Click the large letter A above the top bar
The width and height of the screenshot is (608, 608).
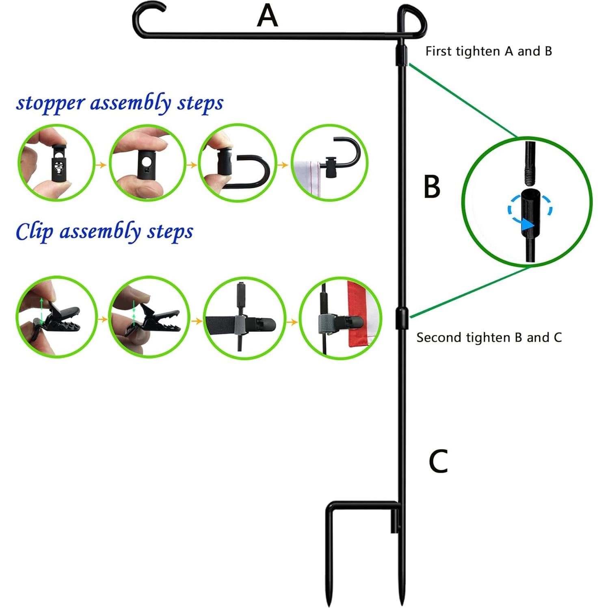click(267, 16)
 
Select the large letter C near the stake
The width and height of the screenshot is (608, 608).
click(438, 461)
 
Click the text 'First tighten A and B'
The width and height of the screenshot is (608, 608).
click(489, 51)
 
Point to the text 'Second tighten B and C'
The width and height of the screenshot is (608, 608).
click(489, 338)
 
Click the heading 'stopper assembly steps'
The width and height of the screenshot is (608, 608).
click(120, 103)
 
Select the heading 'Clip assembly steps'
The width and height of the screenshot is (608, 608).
click(104, 232)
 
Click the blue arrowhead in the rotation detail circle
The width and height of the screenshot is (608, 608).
click(528, 224)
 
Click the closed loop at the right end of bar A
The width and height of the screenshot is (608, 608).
click(411, 21)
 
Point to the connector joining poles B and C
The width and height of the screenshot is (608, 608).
click(402, 318)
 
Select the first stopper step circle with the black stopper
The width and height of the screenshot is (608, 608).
click(56, 162)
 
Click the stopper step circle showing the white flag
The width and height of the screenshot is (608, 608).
click(329, 162)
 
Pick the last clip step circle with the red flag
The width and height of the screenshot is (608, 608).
click(340, 318)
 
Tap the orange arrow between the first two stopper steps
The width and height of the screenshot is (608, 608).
click(102, 164)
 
